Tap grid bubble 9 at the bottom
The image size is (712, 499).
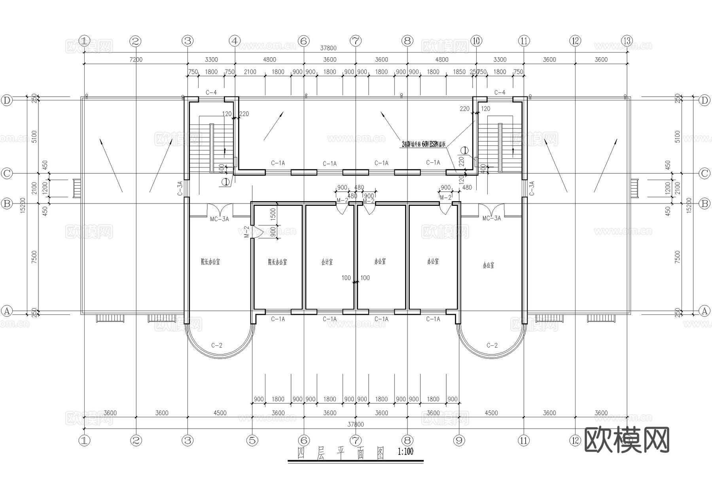point(459,440)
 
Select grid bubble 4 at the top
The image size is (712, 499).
point(235,41)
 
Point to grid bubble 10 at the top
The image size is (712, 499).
point(476,41)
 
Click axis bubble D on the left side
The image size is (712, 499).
point(7,100)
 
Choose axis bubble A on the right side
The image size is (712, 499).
point(704,311)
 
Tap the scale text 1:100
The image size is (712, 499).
point(405,452)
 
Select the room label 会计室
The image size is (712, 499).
point(327,262)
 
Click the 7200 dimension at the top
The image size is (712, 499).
point(136,60)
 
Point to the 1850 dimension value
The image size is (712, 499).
point(459,72)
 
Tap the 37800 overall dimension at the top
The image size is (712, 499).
point(328,48)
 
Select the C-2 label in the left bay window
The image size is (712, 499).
point(216,345)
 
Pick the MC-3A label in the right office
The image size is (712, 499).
point(491,218)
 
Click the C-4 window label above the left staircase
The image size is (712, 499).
point(211,93)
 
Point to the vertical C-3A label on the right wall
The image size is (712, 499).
point(532,188)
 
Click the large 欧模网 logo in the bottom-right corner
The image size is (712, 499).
point(627,440)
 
